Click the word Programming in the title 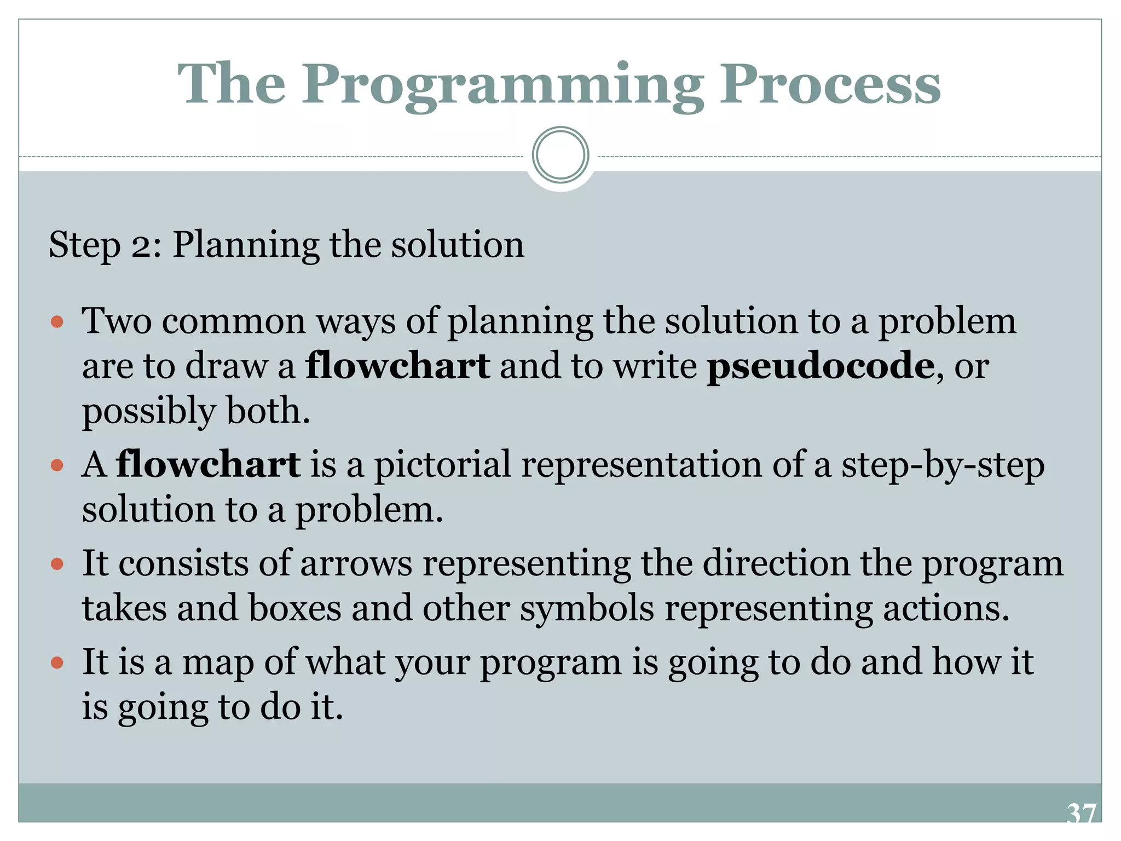[502, 85]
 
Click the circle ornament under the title [560, 155]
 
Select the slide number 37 [1081, 814]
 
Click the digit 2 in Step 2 [141, 245]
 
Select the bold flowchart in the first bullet [398, 366]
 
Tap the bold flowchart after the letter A [208, 465]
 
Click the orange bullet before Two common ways [57, 321]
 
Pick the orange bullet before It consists [57, 563]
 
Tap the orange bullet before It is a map [57, 663]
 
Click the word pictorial [442, 465]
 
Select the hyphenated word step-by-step [943, 465]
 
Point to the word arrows [356, 563]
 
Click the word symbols [587, 608]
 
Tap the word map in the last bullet [217, 663]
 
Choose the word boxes [295, 608]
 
